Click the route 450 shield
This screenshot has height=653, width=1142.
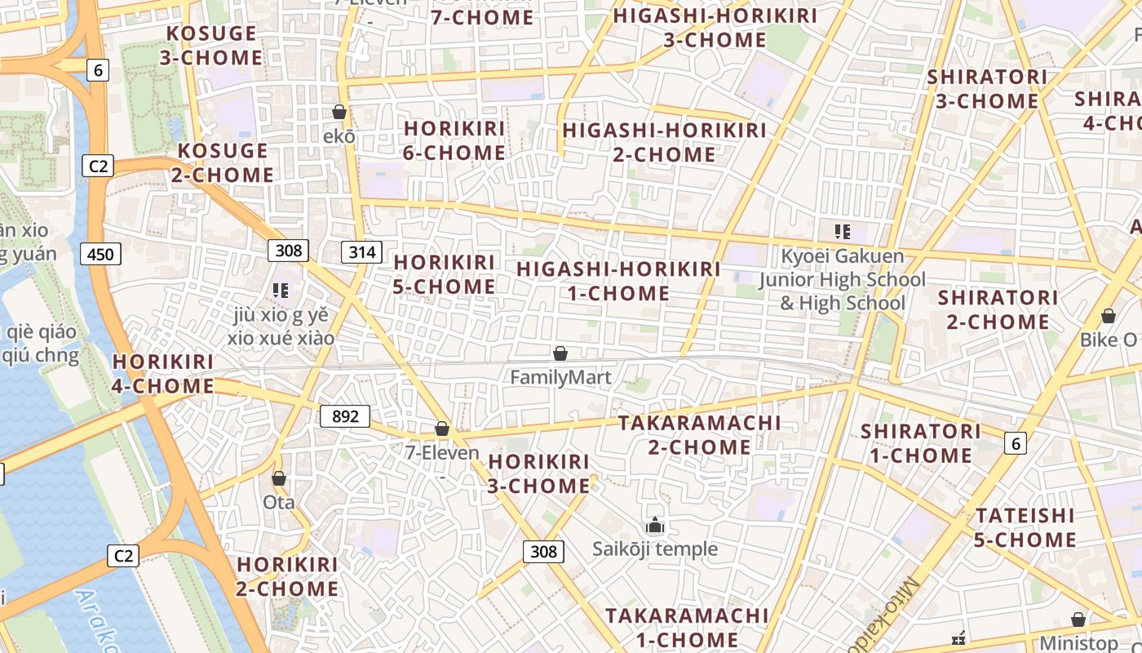pos(100,255)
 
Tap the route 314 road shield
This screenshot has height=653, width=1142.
pos(361,252)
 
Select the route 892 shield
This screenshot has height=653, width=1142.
pos(345,416)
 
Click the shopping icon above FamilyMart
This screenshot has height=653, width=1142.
pos(560,353)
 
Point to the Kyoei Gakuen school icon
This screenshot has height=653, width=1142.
pos(843,232)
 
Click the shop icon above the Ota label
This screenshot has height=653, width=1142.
pos(279,478)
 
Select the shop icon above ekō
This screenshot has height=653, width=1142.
pos(339,112)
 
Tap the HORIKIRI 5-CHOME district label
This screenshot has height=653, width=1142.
pos(445,274)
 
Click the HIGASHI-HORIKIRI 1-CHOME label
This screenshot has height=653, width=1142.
pos(618,281)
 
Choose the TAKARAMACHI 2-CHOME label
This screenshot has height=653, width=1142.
pos(699,435)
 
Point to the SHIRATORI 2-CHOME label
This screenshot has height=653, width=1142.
pos(998,309)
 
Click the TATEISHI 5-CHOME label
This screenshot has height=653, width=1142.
pos(1025,527)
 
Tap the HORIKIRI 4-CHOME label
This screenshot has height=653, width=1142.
pos(162,373)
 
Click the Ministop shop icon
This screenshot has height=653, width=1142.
pos(1078,620)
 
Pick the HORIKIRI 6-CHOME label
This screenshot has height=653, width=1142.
pos(454,140)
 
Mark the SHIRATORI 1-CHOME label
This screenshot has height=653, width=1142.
pos(921,442)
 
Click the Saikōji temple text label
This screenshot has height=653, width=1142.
pos(655,549)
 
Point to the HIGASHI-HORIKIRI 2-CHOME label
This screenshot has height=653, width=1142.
pos(664,142)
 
